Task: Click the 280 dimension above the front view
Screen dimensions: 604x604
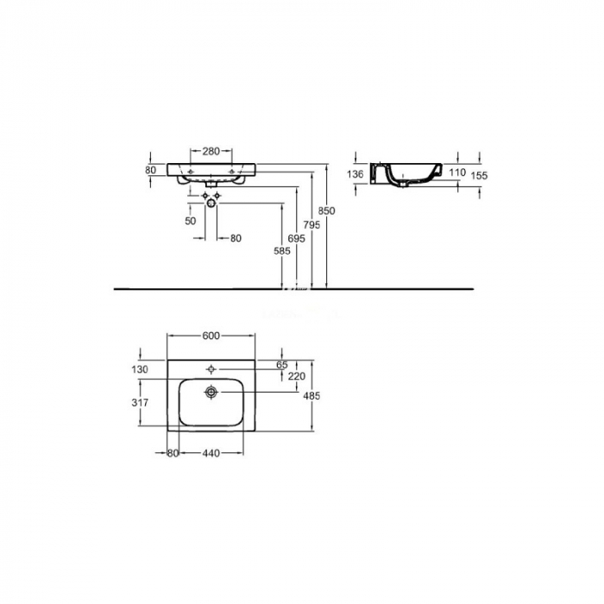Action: (x=211, y=150)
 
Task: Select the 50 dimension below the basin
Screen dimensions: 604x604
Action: (x=190, y=220)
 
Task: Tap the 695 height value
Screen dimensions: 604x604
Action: (x=295, y=237)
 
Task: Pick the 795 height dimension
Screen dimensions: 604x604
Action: (x=312, y=224)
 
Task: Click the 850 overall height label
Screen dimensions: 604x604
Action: (x=326, y=211)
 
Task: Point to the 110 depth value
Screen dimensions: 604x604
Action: (x=457, y=173)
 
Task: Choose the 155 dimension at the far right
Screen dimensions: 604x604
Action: (x=481, y=175)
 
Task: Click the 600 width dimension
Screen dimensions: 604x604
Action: (x=211, y=336)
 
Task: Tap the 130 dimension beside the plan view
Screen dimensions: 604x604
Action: (x=140, y=370)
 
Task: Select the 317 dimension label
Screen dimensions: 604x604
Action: (x=140, y=402)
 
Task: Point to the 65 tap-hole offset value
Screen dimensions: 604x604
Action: (x=280, y=365)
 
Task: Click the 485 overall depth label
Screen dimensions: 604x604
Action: (x=312, y=396)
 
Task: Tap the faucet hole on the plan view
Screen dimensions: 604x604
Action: (x=211, y=368)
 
